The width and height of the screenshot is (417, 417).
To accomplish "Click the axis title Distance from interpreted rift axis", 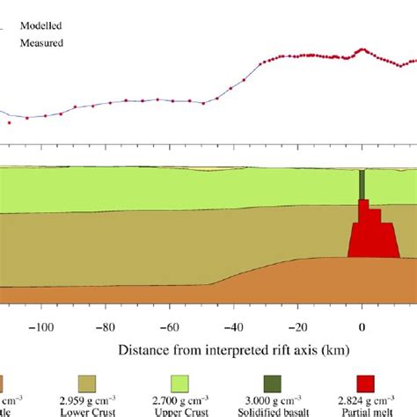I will tap(233, 349).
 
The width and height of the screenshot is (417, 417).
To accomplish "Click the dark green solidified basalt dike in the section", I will tap(362, 184).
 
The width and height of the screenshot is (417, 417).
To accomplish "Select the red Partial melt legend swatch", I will tap(366, 384).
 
